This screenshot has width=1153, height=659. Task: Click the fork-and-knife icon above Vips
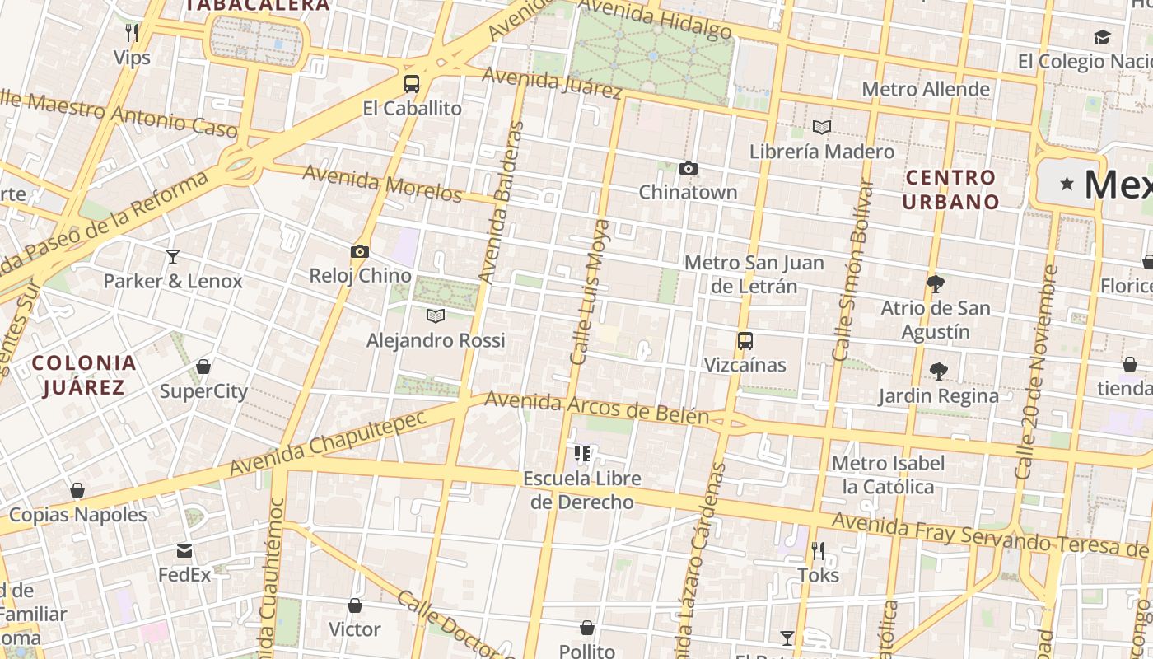[x=132, y=33]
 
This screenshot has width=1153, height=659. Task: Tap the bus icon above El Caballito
[x=411, y=84]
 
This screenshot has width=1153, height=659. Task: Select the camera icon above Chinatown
[x=689, y=169]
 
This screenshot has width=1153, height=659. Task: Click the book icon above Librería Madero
[x=821, y=128]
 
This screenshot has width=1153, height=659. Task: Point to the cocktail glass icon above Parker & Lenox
[x=173, y=257]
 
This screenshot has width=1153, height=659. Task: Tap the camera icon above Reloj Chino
[x=360, y=252]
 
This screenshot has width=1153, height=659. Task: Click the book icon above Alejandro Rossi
[x=436, y=315]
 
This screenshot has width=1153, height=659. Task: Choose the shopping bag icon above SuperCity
[x=203, y=367]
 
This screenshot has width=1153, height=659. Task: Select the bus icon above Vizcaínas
[x=745, y=341]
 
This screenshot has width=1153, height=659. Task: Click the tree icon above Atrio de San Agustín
[x=935, y=284]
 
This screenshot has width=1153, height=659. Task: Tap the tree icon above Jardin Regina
[x=938, y=372]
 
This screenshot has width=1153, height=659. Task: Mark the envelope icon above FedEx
[x=184, y=550]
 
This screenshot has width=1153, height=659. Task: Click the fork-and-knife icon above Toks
[x=818, y=550]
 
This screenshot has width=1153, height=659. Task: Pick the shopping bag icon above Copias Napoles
[x=77, y=491]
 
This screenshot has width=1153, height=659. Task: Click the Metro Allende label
[x=926, y=89]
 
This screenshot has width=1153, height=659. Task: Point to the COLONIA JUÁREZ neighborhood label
[x=84, y=375]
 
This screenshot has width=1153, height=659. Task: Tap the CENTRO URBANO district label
[x=950, y=189]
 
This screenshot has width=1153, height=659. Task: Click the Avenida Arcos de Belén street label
[x=596, y=408]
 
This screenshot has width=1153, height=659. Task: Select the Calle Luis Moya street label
[x=591, y=292]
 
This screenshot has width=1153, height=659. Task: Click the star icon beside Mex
[x=1067, y=184]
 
